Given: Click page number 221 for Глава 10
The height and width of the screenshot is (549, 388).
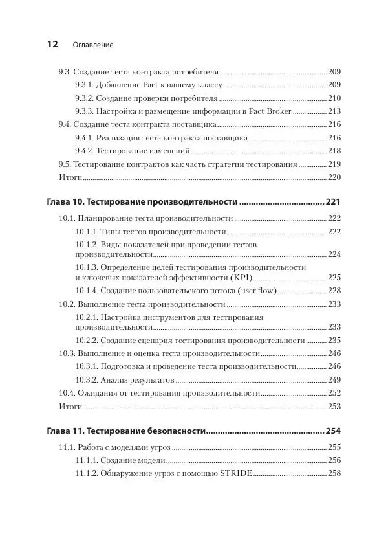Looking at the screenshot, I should coord(333,202).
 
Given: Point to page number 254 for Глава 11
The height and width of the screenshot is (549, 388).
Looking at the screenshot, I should coord(333,431).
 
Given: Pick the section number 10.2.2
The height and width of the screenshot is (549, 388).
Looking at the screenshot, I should coord(87,340).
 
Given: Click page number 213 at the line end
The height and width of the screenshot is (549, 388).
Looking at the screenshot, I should coord(334,111).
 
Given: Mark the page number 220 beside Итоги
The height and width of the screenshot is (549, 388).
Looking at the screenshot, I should coord(334,177).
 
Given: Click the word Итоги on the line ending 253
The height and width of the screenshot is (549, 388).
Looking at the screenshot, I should coord(70,406).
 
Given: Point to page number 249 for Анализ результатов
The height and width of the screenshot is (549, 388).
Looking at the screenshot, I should coord(334,379).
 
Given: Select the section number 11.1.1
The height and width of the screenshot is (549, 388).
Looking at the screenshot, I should coord(87,460).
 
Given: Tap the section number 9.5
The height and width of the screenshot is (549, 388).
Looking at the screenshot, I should coord(64,164).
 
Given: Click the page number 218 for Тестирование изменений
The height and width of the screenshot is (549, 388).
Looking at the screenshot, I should coord(334,150).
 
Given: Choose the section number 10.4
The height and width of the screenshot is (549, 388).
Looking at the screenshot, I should coord(67,392).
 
